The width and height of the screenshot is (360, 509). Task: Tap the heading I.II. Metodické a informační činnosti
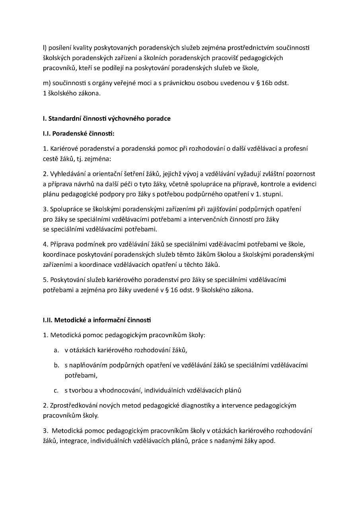click(97, 320)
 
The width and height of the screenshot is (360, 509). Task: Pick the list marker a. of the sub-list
click(56, 350)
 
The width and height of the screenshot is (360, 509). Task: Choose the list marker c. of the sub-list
click(56, 390)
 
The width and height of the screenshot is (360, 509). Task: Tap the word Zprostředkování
click(75, 406)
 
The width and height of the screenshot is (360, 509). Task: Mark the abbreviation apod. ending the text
click(267, 441)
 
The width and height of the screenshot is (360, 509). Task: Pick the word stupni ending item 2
click(273, 194)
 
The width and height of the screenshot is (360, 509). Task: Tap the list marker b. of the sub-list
click(56, 365)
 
